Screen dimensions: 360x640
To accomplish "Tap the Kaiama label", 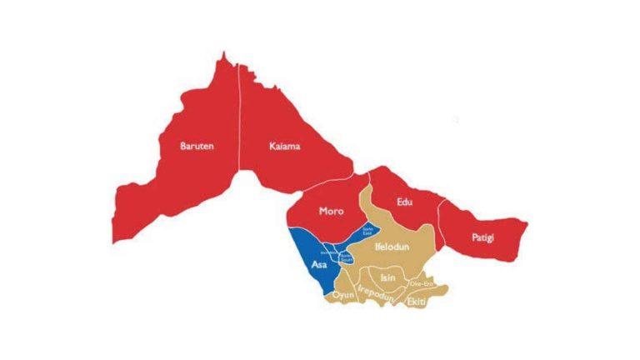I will pos(285,147).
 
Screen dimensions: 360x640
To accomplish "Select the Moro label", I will pos(332,211).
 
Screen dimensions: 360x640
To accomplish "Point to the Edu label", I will pos(405,201).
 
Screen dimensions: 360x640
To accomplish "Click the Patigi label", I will pos(482,239).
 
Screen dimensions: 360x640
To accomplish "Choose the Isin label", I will pos(387,277).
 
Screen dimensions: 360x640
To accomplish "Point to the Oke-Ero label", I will pos(420,284).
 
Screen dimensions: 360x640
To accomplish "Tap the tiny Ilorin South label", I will pos(346,258).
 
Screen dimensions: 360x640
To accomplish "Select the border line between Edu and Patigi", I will pos(442,221).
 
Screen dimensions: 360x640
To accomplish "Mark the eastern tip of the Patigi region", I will pos(527,222).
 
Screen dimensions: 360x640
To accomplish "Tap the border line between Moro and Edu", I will pos(370,187).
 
